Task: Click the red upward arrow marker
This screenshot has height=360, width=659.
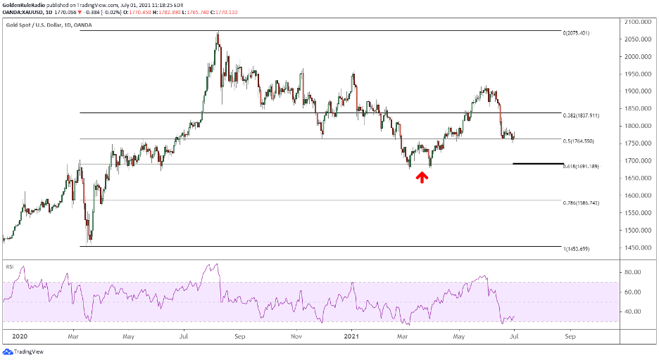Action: (x=422, y=177)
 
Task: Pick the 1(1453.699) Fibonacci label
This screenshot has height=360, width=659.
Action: (x=576, y=249)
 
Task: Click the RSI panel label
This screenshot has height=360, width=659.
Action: (x=10, y=267)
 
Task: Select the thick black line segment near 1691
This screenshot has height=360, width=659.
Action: (x=534, y=164)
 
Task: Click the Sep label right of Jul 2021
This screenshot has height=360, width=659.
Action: (x=570, y=336)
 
